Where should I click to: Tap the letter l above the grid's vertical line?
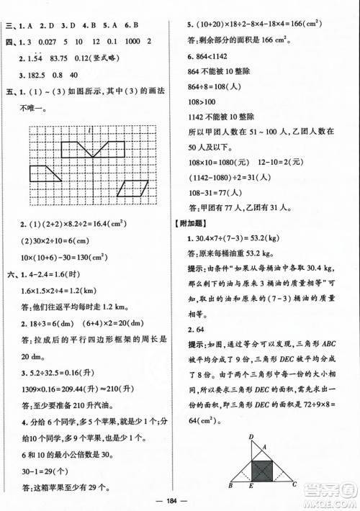[86, 128]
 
